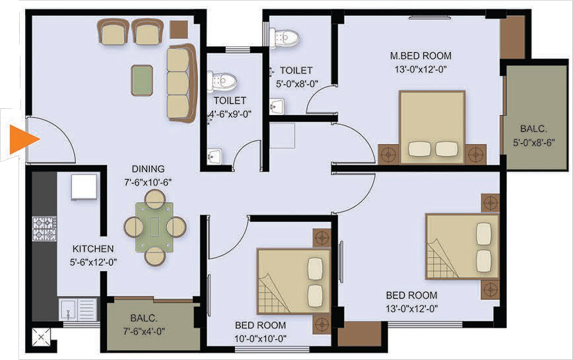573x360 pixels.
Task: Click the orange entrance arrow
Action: click(x=22, y=139)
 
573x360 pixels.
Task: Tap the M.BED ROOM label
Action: click(x=421, y=56)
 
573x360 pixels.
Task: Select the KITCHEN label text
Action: click(x=93, y=249)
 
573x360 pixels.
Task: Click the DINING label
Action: click(x=148, y=169)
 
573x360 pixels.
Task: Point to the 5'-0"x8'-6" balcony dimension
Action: click(x=534, y=143)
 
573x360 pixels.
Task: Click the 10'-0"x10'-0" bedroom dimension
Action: click(x=260, y=339)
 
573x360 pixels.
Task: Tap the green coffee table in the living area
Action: click(x=142, y=81)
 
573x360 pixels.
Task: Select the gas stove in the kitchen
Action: click(x=45, y=229)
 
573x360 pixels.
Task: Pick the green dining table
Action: click(x=154, y=227)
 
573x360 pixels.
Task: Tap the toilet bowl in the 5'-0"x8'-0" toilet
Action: click(x=285, y=37)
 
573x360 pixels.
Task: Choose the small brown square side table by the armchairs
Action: click(x=179, y=30)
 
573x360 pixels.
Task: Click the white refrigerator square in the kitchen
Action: click(x=84, y=187)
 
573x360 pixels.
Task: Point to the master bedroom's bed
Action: click(x=432, y=127)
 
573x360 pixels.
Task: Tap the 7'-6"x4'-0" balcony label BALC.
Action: click(x=144, y=318)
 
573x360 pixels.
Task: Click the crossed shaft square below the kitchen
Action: click(x=41, y=337)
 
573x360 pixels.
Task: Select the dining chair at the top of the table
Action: click(x=155, y=199)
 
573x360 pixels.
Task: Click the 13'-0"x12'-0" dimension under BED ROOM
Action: click(x=411, y=309)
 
